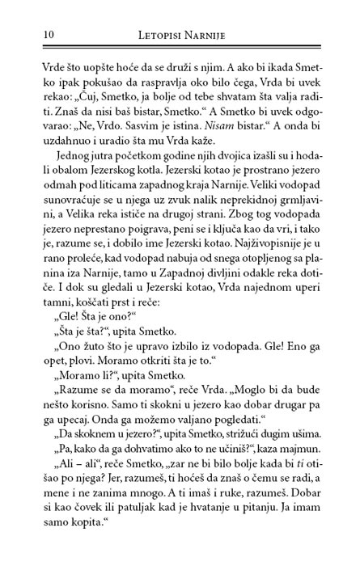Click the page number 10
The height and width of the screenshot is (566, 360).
pos(26,35)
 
